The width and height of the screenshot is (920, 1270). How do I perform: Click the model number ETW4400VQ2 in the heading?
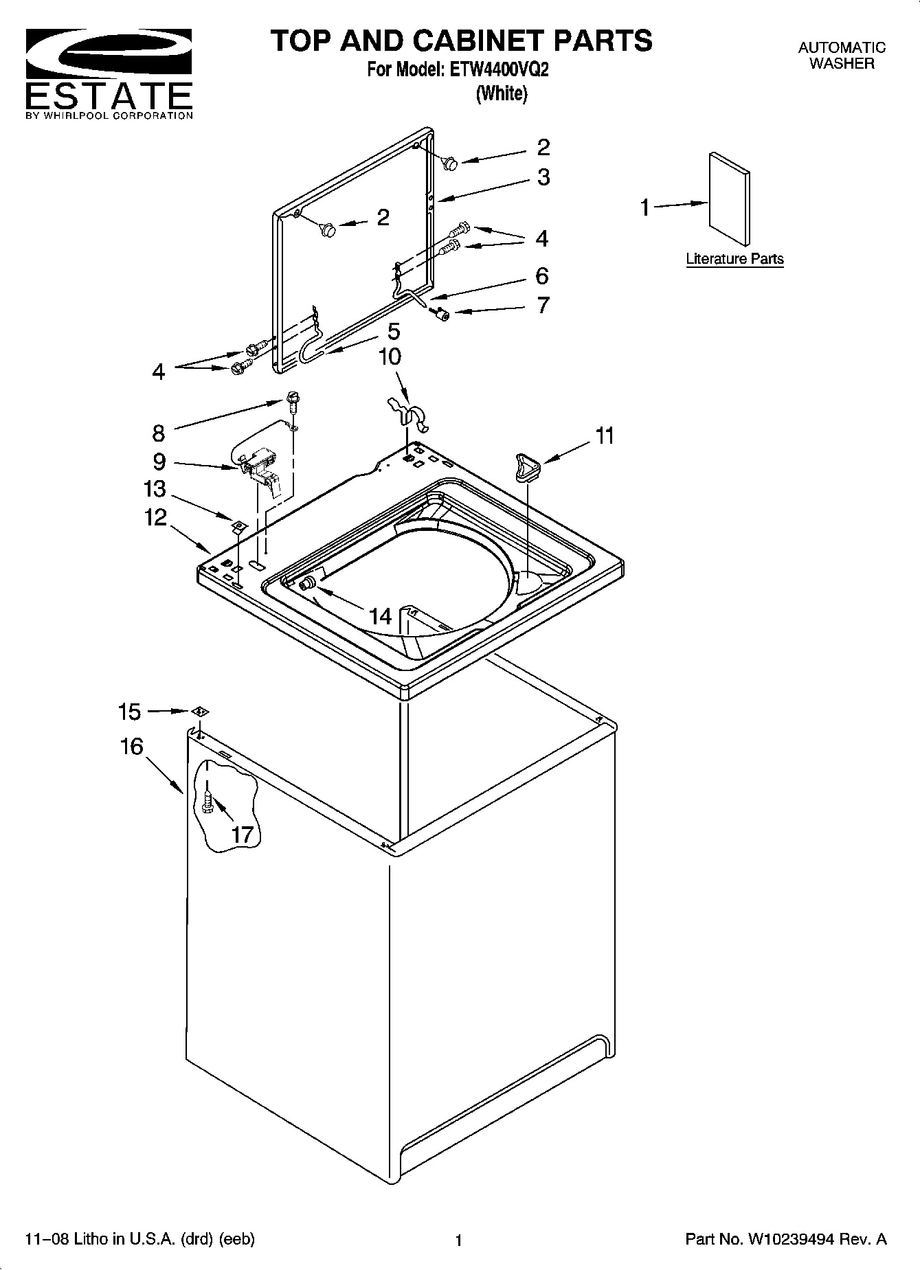point(499,71)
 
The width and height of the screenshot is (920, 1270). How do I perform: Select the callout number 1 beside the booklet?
point(645,207)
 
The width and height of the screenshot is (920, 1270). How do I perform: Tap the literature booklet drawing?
point(729,199)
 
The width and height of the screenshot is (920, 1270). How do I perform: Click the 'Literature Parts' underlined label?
point(734,259)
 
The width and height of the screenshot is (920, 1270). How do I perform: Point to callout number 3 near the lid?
point(543,177)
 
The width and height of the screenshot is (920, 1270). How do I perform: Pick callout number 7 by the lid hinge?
point(543,305)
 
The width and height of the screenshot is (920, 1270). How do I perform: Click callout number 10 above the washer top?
point(390,357)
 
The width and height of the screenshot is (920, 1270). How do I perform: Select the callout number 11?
point(605,435)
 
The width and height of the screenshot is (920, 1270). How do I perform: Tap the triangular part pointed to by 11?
point(526,466)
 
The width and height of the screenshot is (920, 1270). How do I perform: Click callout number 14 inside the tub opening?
point(380,616)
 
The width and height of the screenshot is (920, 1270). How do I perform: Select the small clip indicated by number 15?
point(199,712)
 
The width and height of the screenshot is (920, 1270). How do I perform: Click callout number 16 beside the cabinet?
point(131,747)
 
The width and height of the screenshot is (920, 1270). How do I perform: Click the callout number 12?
point(156,517)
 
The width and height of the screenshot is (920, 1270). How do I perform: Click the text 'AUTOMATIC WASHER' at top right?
point(842,56)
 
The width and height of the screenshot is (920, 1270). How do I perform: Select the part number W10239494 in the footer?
point(792,1239)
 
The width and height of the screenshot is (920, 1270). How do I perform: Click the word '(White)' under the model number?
point(502,93)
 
